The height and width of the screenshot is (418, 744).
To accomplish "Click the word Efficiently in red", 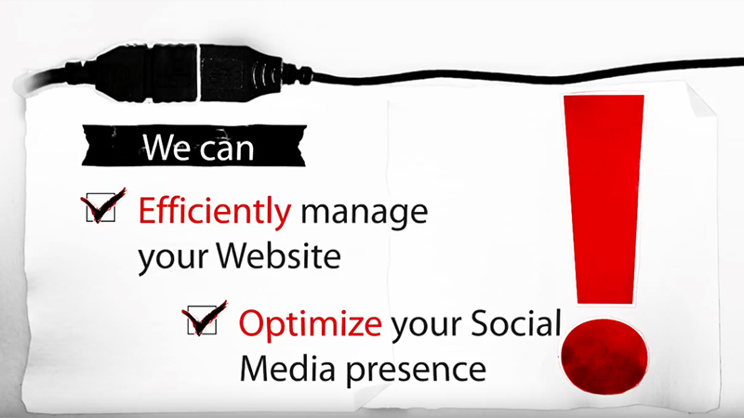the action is [x=215, y=211].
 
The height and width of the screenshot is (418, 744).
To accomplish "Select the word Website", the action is [x=278, y=255].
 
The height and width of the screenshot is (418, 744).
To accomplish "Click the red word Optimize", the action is [x=310, y=324].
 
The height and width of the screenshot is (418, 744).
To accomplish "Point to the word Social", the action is [x=516, y=322].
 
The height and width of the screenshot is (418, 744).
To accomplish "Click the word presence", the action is [x=416, y=371].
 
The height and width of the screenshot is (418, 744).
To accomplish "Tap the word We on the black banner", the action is [x=166, y=148].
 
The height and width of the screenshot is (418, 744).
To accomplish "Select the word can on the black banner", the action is [x=227, y=148].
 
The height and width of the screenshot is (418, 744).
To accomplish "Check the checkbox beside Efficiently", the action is [x=101, y=207].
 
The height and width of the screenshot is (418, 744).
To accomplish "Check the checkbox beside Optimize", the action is [x=203, y=320].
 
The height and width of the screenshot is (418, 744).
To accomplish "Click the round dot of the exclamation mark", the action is [x=604, y=356].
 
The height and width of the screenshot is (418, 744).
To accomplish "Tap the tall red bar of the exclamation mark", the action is [x=604, y=199].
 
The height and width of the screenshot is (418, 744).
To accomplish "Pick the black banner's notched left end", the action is [x=90, y=146].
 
